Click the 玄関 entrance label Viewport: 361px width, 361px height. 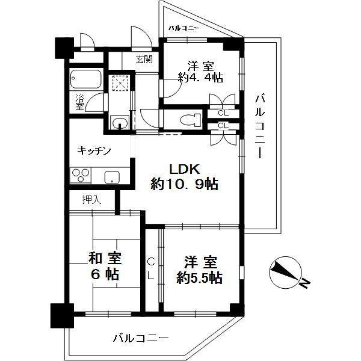point(144,60)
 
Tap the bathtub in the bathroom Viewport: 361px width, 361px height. point(86,79)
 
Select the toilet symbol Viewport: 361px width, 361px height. point(190,120)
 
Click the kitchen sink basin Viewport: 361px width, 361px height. point(112,177)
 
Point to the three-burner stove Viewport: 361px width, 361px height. point(81,176)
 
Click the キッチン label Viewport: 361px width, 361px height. point(94,151)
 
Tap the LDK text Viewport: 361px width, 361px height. point(184,169)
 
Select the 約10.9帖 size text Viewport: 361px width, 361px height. point(184,184)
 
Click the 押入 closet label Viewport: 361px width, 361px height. point(91,200)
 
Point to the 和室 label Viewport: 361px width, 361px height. point(105,258)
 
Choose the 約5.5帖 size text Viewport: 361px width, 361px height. point(199,278)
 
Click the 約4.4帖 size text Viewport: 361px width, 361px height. point(200,78)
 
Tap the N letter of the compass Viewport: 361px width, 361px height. point(304,283)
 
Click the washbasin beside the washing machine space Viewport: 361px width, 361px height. point(120,122)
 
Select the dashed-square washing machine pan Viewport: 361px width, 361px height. point(120,83)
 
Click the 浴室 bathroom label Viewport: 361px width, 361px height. point(79,102)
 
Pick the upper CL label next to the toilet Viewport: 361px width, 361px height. point(223,113)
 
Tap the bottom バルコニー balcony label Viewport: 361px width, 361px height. point(141,338)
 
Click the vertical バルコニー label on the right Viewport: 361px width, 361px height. point(260,126)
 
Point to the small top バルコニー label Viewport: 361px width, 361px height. point(184,28)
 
